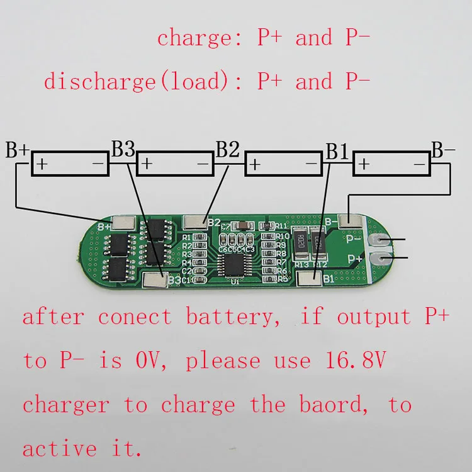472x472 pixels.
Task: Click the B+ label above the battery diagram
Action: pos(18,152)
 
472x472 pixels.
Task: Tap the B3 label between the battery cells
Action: pos(123,149)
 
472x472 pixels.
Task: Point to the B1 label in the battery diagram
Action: pos(337,152)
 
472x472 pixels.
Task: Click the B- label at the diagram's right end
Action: pos(443,150)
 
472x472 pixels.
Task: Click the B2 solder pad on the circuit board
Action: pos(195,222)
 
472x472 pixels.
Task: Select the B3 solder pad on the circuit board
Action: pos(155,279)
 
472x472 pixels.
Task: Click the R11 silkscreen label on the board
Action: pos(281,226)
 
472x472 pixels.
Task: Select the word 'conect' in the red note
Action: pos(135,317)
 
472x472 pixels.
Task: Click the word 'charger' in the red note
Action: pos(65,405)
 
